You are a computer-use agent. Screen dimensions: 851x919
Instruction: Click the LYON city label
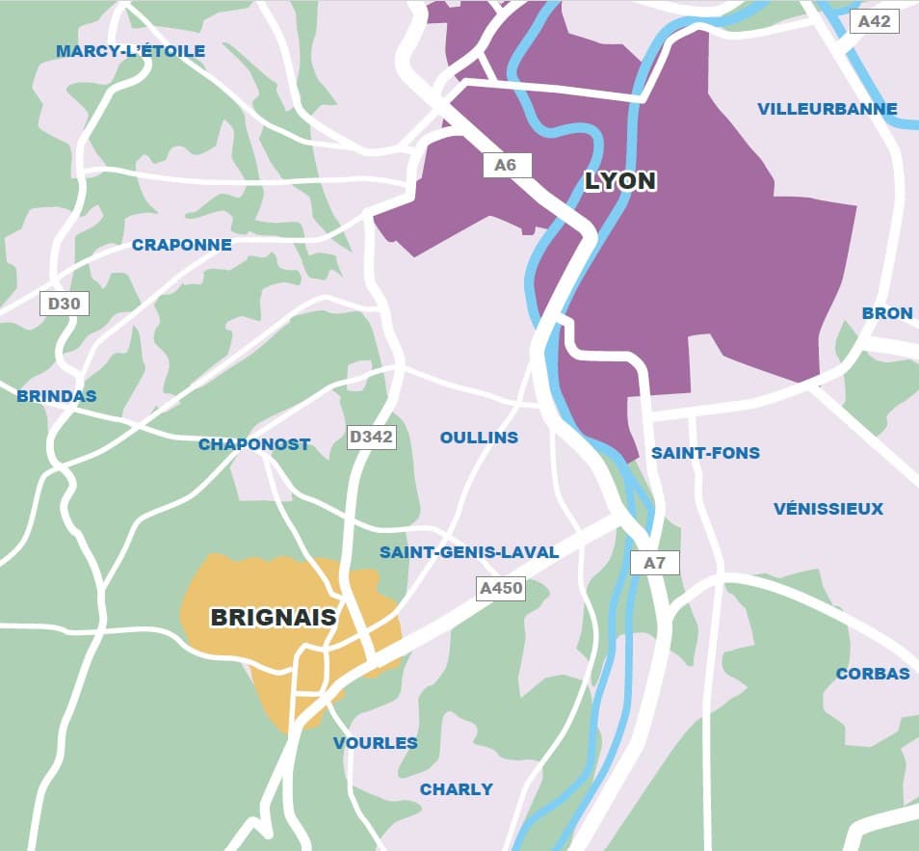(x=620, y=181)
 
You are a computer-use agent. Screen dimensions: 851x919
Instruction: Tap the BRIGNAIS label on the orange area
(x=274, y=618)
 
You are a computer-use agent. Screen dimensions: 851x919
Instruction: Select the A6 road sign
(x=506, y=165)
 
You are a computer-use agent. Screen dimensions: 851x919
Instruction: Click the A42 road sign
(x=874, y=20)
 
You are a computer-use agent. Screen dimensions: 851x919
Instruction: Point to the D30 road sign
(x=65, y=304)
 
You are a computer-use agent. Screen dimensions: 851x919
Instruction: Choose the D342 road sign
(x=371, y=437)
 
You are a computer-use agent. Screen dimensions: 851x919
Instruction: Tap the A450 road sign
(x=501, y=588)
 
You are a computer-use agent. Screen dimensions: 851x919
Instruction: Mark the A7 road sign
(x=654, y=563)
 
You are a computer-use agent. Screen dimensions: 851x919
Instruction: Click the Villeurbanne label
(x=827, y=109)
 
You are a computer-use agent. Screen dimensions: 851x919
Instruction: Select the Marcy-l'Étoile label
(x=130, y=51)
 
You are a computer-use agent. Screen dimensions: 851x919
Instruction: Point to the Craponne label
(x=182, y=245)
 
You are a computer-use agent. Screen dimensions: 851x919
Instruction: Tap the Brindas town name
(x=57, y=396)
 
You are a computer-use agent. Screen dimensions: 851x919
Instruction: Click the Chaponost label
(x=254, y=444)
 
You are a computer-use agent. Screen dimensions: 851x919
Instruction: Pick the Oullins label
(x=479, y=438)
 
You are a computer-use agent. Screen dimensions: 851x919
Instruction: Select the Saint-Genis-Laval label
(x=469, y=552)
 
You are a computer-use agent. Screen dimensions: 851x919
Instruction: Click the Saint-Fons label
(x=705, y=453)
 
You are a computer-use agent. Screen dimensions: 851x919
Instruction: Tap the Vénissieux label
(x=827, y=509)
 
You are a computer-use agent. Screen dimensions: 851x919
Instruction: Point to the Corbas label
(x=873, y=674)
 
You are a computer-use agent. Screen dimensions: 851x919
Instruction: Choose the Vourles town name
(x=376, y=743)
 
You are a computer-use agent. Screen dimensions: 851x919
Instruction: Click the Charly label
(x=456, y=789)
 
